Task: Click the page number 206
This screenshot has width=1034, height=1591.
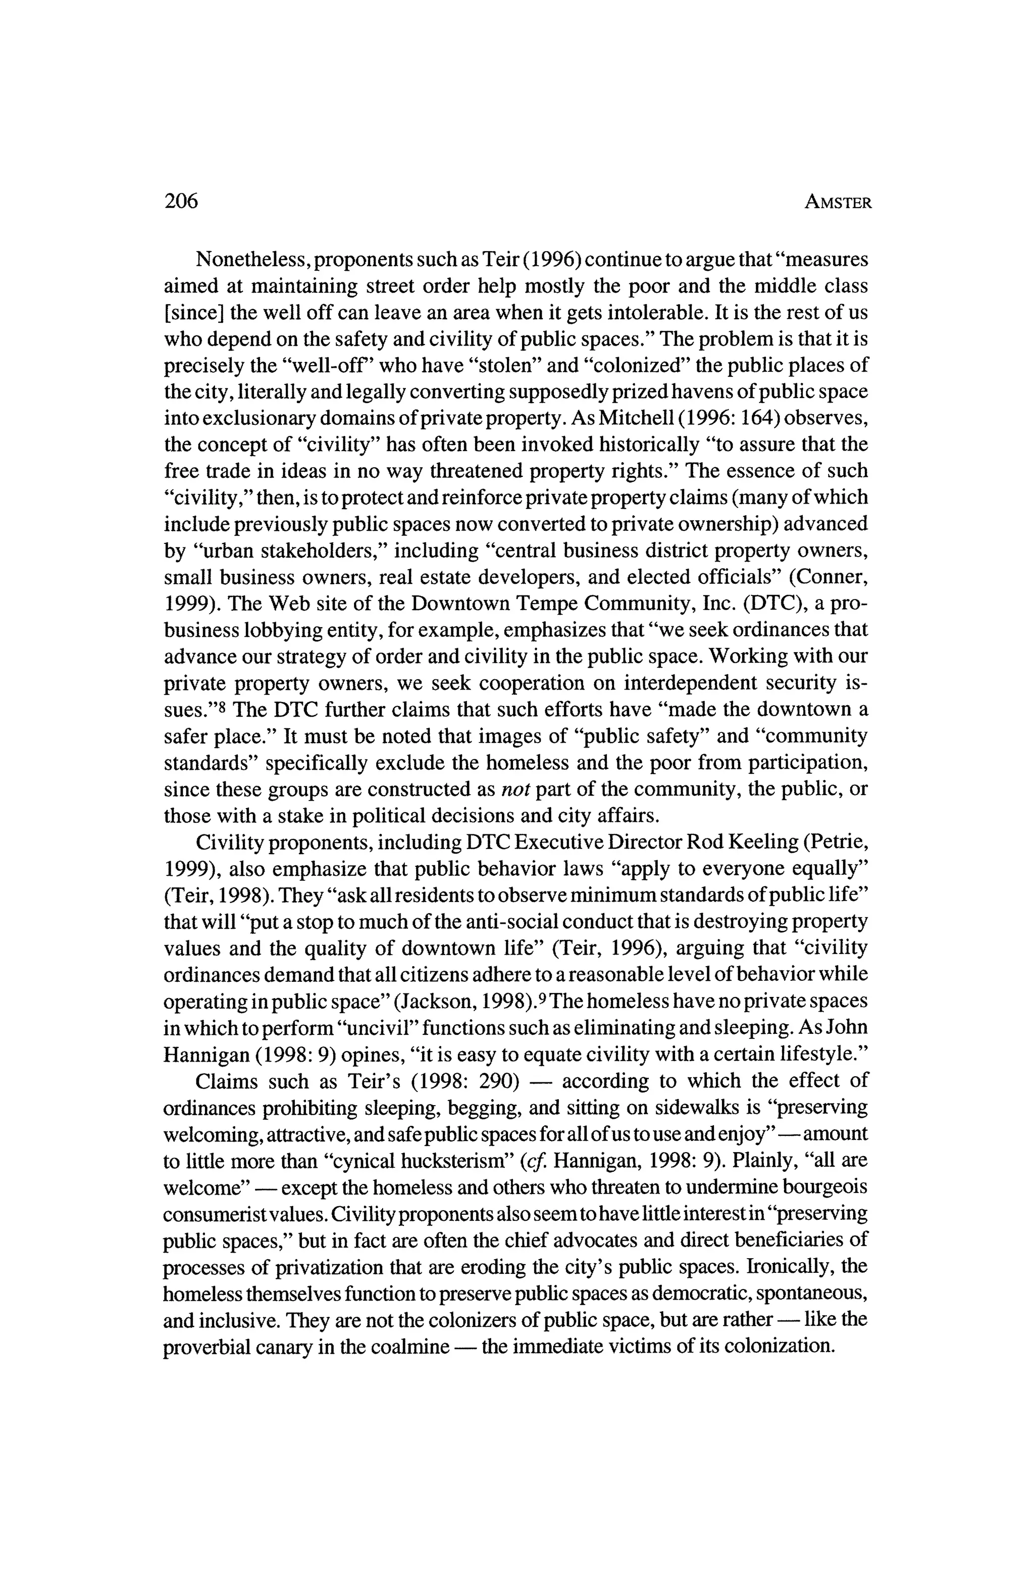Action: (181, 201)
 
